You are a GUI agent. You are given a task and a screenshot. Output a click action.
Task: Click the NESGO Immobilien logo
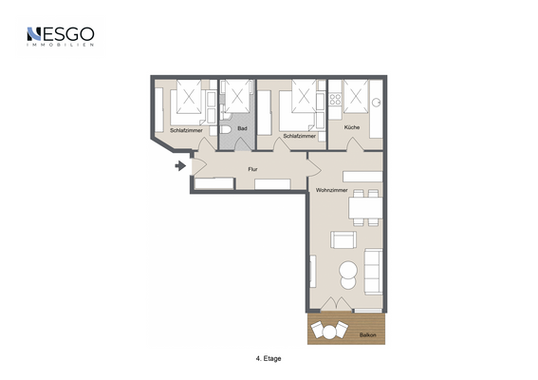tap(61, 36)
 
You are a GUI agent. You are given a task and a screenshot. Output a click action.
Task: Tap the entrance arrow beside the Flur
tap(180, 166)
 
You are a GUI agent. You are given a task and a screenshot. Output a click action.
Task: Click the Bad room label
tap(242, 128)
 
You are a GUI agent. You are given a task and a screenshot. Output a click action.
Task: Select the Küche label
tap(352, 127)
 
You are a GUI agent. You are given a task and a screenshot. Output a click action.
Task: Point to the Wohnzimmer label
tap(331, 190)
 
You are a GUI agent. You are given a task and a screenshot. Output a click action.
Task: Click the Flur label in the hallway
tap(253, 169)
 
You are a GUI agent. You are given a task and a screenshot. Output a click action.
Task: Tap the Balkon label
tap(368, 335)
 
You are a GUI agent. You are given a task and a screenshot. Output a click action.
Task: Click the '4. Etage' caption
tap(269, 358)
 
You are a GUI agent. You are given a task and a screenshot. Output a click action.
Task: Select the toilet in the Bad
tap(226, 129)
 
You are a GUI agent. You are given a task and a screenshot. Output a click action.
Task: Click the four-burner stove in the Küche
tap(335, 100)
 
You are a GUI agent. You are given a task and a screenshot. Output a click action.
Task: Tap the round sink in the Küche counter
tap(377, 102)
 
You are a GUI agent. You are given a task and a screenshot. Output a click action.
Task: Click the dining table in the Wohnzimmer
tap(365, 207)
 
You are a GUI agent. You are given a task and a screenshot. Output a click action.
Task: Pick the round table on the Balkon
tap(330, 332)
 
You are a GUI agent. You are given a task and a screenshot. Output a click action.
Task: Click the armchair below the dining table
tap(343, 239)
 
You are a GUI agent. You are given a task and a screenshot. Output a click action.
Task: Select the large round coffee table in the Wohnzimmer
tap(348, 270)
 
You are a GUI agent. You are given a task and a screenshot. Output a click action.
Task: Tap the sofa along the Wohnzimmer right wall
tap(373, 272)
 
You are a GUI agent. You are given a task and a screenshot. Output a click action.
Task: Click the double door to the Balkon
tap(336, 304)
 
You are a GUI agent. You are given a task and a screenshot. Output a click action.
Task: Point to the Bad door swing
tap(243, 144)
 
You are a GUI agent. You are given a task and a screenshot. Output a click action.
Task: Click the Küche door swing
tap(355, 144)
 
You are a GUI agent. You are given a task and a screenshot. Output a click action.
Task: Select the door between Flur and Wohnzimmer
tap(314, 169)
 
